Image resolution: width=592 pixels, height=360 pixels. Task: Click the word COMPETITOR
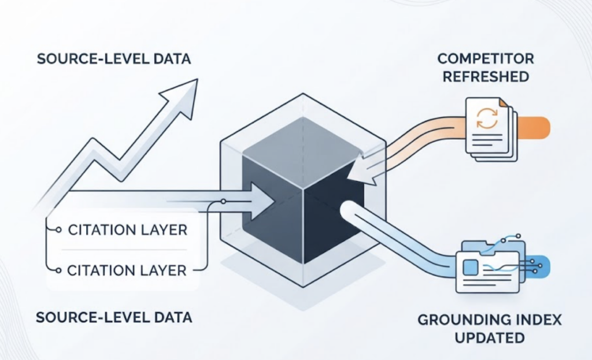click(x=486, y=59)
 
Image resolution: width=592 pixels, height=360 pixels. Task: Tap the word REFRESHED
click(x=486, y=77)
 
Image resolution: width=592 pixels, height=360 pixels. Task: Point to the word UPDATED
click(x=490, y=337)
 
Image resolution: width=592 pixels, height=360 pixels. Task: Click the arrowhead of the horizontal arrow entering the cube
click(x=262, y=201)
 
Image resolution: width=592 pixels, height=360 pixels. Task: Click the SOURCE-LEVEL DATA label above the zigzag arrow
click(x=114, y=60)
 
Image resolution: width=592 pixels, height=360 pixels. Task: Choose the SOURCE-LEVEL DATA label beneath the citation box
click(x=114, y=318)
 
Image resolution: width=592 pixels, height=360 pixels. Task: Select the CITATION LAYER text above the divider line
click(x=128, y=230)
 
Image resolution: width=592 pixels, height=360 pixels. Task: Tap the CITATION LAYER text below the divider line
click(x=127, y=270)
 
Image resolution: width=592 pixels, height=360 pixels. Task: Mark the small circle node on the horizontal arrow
click(x=223, y=202)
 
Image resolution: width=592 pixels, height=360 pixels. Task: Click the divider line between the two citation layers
click(x=124, y=250)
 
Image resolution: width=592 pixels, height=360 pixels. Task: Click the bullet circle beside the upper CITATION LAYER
click(x=58, y=230)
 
